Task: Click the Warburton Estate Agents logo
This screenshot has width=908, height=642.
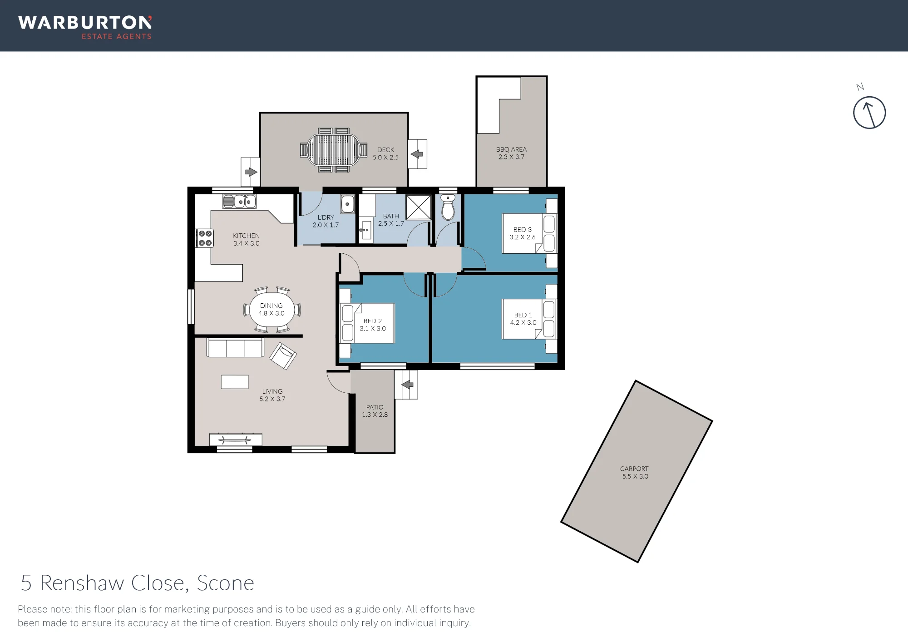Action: pyautogui.click(x=85, y=28)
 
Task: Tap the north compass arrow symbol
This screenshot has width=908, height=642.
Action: pyautogui.click(x=869, y=113)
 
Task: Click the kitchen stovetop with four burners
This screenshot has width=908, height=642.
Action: pyautogui.click(x=204, y=238)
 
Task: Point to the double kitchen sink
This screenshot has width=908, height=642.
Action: pyautogui.click(x=239, y=201)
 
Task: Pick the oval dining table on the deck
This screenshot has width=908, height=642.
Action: pyautogui.click(x=334, y=150)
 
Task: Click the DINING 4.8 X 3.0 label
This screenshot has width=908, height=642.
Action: pyautogui.click(x=271, y=310)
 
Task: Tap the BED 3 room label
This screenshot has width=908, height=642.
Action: pyautogui.click(x=523, y=230)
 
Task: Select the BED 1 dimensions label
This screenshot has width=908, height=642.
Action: pyautogui.click(x=523, y=323)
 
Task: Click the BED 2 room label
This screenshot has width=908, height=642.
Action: pyautogui.click(x=373, y=321)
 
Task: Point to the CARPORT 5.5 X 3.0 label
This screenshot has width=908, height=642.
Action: pyautogui.click(x=635, y=473)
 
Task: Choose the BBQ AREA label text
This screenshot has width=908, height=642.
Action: pyautogui.click(x=511, y=149)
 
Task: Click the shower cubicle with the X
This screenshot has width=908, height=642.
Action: pyautogui.click(x=418, y=207)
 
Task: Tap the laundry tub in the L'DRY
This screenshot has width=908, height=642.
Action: pyautogui.click(x=348, y=204)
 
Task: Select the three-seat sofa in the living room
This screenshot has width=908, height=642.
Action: pyautogui.click(x=235, y=347)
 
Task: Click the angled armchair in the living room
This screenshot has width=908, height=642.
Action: pyautogui.click(x=283, y=356)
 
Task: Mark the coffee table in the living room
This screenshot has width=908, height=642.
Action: pyautogui.click(x=235, y=382)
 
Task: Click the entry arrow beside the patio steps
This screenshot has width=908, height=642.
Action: pyautogui.click(x=408, y=385)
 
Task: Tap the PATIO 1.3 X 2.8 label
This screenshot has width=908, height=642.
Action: pyautogui.click(x=375, y=411)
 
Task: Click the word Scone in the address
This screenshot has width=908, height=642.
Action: pyautogui.click(x=226, y=583)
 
